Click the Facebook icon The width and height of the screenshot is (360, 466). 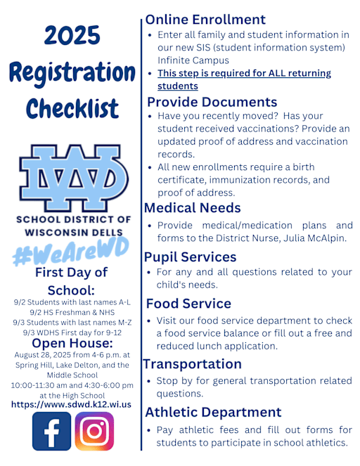(51, 431)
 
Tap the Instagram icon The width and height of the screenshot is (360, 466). (94, 431)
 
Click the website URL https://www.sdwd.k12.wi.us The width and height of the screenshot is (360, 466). (71, 404)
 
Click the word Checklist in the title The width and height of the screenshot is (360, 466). (72, 108)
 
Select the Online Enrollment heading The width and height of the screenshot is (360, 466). (205, 20)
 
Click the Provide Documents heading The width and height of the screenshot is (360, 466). (212, 102)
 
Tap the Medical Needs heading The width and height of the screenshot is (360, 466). (193, 208)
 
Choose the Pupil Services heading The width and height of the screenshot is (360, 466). (190, 257)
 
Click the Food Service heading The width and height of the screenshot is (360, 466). (188, 304)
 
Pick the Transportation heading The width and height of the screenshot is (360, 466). (193, 364)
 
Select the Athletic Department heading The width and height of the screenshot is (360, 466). (214, 412)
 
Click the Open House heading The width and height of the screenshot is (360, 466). (72, 343)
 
